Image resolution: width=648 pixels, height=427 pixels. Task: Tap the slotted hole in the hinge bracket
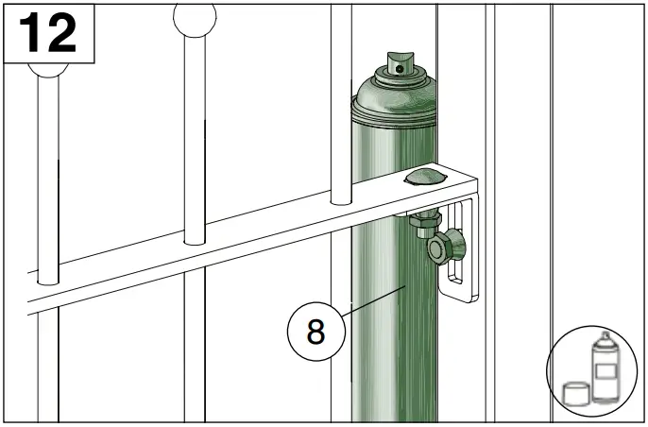pos(458,255)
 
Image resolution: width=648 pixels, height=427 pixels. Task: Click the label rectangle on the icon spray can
pos(602,367)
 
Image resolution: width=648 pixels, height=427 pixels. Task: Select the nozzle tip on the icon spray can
pos(601,336)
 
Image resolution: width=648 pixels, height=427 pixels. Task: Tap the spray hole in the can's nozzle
pos(401,67)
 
